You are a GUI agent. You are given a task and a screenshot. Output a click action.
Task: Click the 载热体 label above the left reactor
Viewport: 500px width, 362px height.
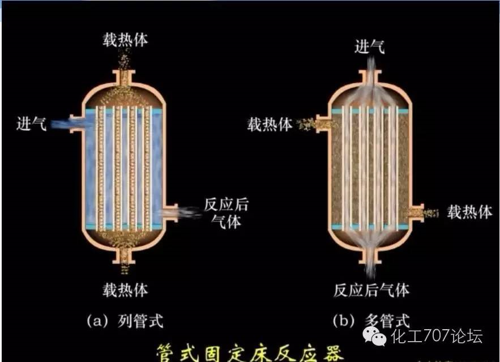(x=125, y=40)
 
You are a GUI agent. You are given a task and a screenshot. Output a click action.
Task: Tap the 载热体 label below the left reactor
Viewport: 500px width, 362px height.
(x=125, y=290)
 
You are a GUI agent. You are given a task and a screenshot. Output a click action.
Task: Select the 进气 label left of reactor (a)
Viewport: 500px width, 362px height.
(x=32, y=123)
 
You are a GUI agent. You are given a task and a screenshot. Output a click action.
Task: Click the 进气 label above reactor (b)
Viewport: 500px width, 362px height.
(x=370, y=47)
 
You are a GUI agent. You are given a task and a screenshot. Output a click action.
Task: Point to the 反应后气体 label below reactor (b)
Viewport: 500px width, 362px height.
(x=371, y=290)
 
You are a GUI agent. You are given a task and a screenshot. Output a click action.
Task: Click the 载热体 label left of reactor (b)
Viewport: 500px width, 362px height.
(x=270, y=124)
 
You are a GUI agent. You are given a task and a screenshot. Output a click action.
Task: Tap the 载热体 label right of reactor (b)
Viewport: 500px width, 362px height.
(x=469, y=212)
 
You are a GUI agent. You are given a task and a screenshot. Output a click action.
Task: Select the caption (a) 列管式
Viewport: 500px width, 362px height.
(x=125, y=321)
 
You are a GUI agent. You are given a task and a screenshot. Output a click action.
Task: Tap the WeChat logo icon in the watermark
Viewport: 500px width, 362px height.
(x=374, y=337)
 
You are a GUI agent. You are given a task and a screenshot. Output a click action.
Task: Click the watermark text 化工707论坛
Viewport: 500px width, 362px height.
(x=437, y=336)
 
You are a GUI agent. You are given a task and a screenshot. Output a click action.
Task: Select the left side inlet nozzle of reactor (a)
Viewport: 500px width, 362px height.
(x=76, y=123)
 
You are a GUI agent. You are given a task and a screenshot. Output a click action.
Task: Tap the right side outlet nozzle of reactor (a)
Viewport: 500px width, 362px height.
(x=170, y=212)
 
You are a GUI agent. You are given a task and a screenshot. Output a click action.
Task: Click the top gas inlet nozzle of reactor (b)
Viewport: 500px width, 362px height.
(x=370, y=77)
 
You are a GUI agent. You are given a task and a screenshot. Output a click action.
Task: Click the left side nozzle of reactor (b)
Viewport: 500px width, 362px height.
(x=322, y=123)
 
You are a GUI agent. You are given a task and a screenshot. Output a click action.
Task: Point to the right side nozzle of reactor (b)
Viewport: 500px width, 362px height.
(x=417, y=212)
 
